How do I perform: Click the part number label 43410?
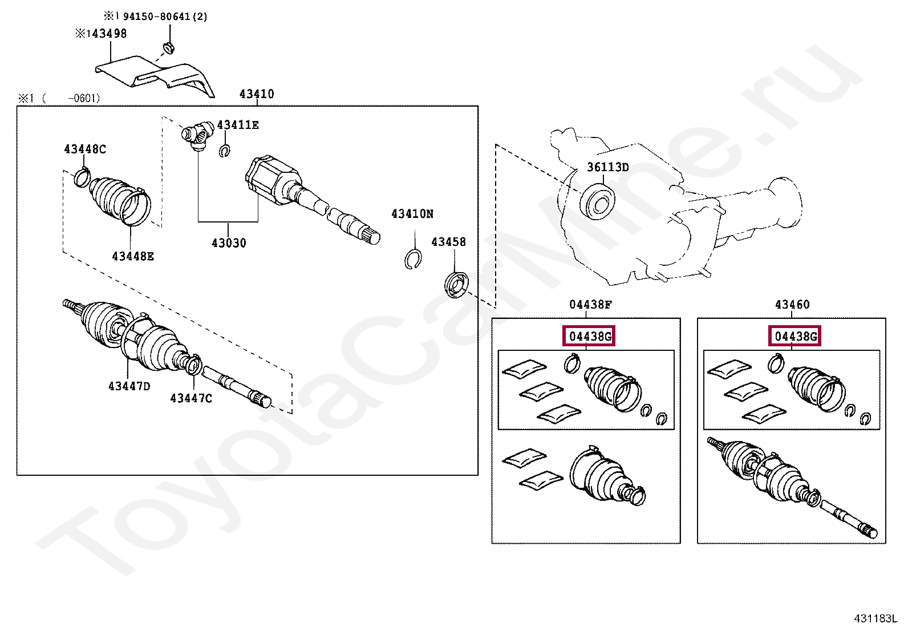click(x=257, y=94)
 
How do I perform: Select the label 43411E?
click(x=238, y=125)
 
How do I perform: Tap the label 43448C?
click(x=85, y=149)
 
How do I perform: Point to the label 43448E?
click(x=133, y=256)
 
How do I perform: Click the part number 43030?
click(x=229, y=243)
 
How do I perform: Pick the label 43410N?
click(x=412, y=214)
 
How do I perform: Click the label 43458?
click(x=448, y=242)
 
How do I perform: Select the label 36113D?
click(x=608, y=167)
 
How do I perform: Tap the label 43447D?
click(x=129, y=386)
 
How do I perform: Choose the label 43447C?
click(x=191, y=398)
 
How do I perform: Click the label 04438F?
click(x=590, y=305)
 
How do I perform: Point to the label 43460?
click(x=792, y=305)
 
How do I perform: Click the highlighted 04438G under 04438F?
click(x=590, y=337)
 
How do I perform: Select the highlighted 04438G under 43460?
click(x=796, y=337)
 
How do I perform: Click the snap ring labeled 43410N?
click(x=413, y=259)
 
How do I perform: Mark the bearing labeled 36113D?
click(x=597, y=200)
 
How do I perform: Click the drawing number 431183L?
click(x=875, y=618)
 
